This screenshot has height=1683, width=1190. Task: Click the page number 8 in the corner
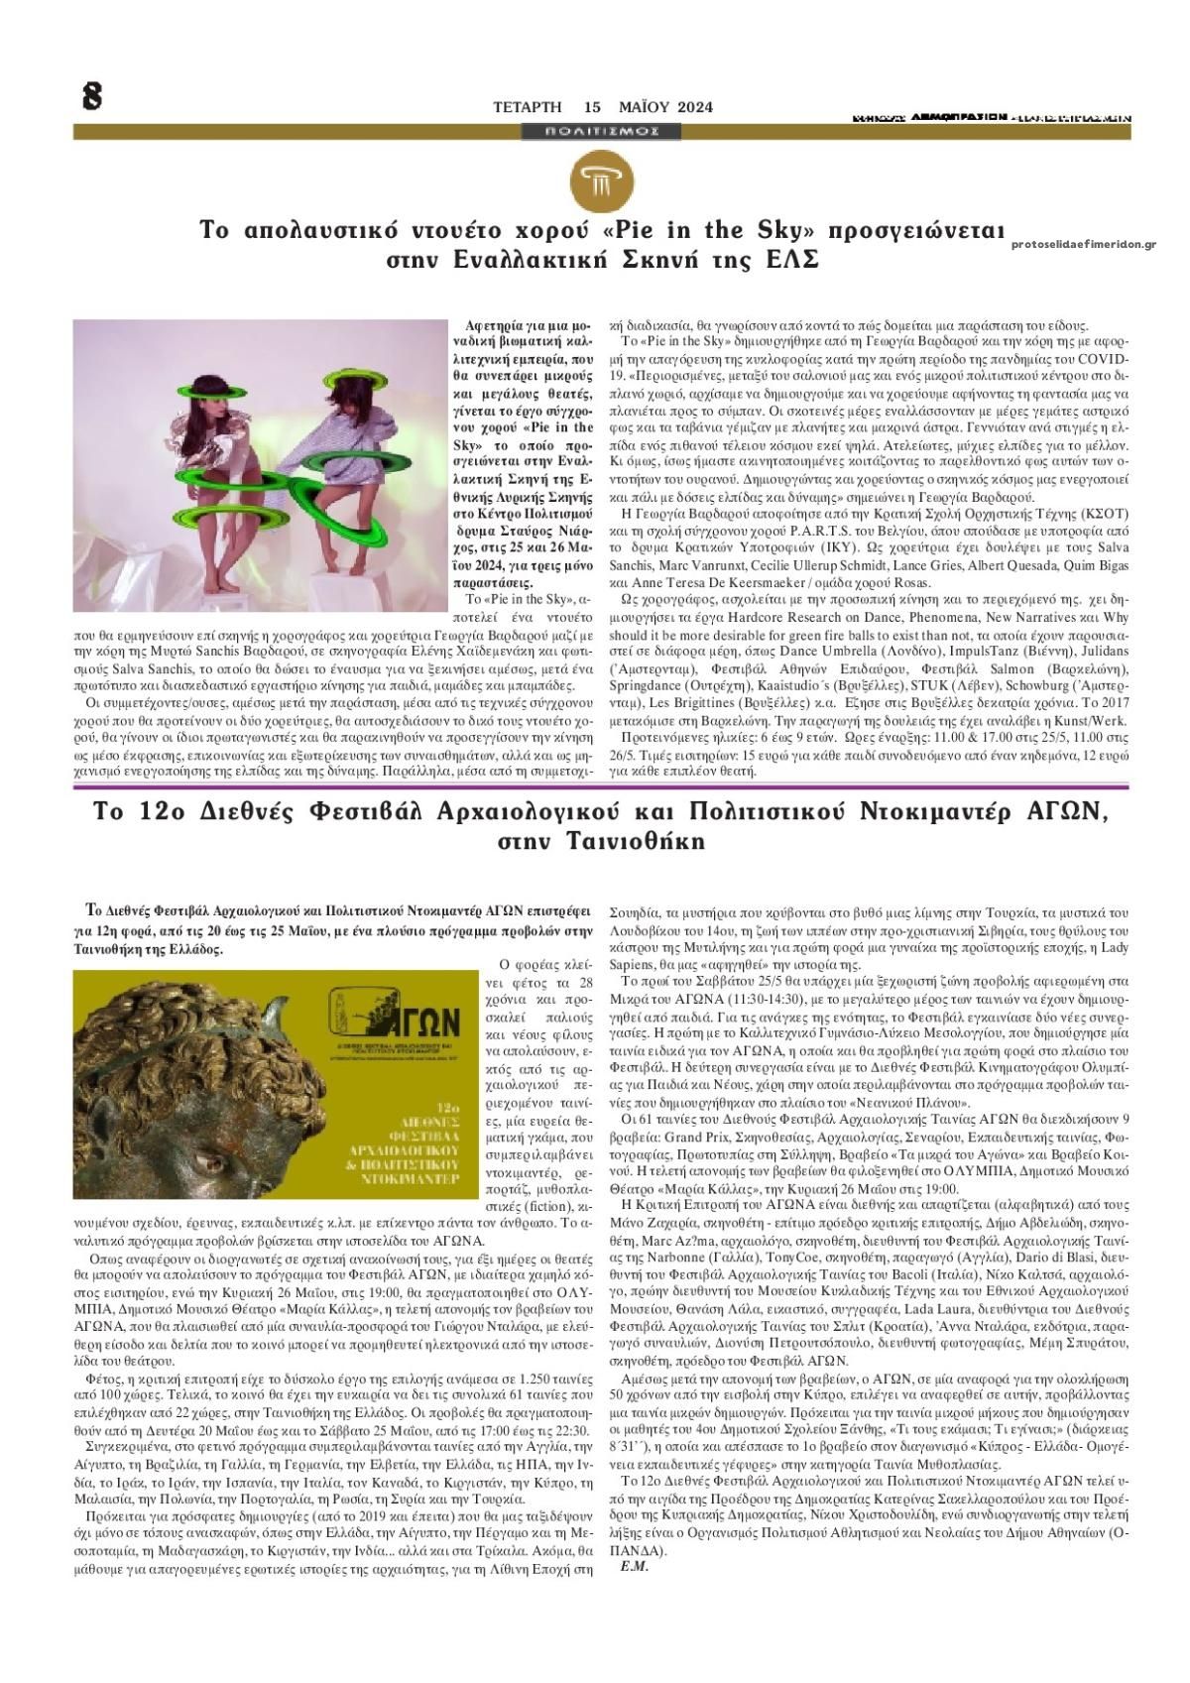click(91, 96)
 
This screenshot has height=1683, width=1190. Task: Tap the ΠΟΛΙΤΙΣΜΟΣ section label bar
click(603, 131)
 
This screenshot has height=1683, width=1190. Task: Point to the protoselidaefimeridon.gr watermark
click(1084, 244)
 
